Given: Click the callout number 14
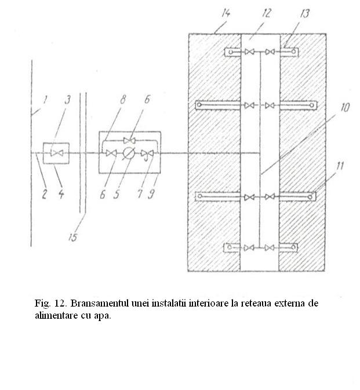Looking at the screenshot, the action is click(226, 13).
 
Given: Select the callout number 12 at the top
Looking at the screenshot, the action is click(267, 13).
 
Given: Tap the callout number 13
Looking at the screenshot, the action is click(304, 14).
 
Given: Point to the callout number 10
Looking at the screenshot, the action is click(345, 107).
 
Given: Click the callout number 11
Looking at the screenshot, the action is click(340, 166).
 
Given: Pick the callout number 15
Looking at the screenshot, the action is click(73, 237).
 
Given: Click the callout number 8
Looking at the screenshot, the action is click(123, 99).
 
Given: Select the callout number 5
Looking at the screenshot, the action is click(117, 194).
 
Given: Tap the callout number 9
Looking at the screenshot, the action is click(151, 194).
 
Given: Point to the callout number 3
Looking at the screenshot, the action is click(68, 100).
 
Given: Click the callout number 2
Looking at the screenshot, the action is click(44, 194).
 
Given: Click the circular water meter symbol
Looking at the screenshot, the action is click(129, 153).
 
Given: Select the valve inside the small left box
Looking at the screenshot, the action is click(57, 153).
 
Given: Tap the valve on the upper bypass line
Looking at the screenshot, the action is click(129, 141).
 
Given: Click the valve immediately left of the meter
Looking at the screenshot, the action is click(111, 153).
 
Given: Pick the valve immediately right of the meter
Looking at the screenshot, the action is click(147, 154).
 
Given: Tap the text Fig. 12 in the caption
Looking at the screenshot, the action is click(50, 304).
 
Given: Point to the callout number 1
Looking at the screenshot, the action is click(45, 100).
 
